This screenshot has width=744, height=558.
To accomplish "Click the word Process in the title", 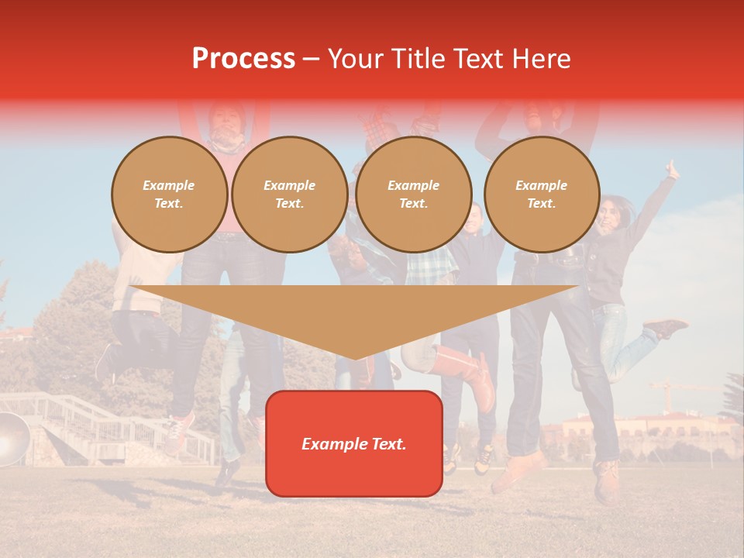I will [x=243, y=59].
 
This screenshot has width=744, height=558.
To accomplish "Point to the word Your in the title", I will [x=357, y=59].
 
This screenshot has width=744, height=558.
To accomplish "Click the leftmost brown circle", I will [x=170, y=195].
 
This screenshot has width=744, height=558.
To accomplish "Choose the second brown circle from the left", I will [x=290, y=195].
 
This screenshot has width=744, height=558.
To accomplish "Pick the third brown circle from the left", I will [x=414, y=195].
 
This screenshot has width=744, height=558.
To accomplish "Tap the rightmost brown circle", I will [x=542, y=195].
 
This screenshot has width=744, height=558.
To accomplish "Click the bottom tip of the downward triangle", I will [x=355, y=358].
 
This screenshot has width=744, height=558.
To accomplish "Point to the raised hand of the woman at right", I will [x=672, y=169].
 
